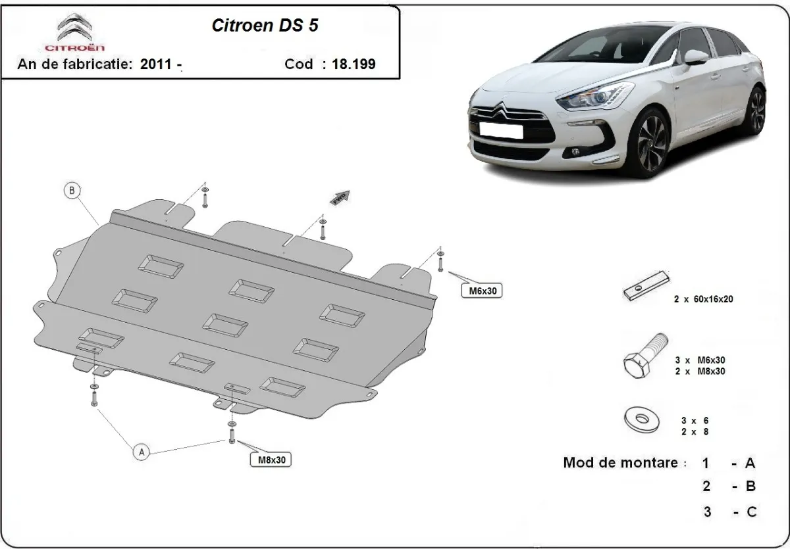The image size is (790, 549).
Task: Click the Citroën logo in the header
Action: pyautogui.click(x=75, y=33)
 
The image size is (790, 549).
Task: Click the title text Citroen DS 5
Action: pyautogui.click(x=267, y=25)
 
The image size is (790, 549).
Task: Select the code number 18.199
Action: pyautogui.click(x=353, y=64)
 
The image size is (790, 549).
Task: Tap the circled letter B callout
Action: pyautogui.click(x=72, y=191)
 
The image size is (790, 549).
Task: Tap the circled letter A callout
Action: pyautogui.click(x=140, y=452)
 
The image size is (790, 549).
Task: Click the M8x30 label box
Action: pyautogui.click(x=270, y=460)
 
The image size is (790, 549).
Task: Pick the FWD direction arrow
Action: pyautogui.click(x=340, y=199)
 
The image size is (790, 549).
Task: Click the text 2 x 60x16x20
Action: pyautogui.click(x=702, y=299)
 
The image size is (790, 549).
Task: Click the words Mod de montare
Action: pyautogui.click(x=619, y=462)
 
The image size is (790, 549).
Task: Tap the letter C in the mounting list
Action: pyautogui.click(x=750, y=511)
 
